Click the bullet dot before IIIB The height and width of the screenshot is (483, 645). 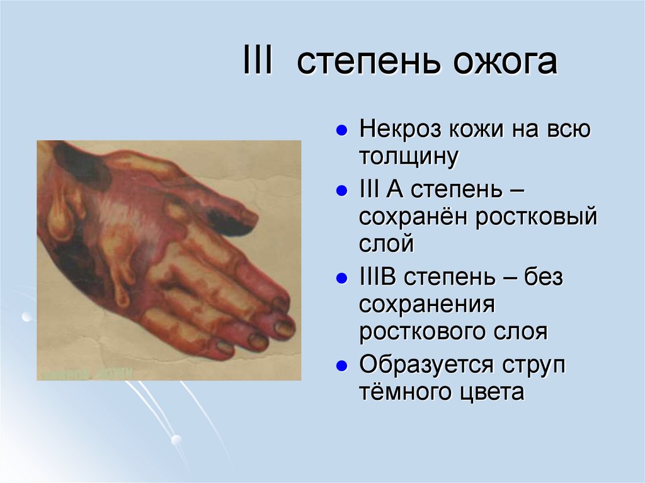pos(341,278)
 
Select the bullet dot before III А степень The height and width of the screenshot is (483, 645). pos(341,190)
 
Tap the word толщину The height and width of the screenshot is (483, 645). pos(407,157)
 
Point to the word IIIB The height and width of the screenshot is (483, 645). pos(378,277)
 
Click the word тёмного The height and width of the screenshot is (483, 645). pos(403,392)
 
